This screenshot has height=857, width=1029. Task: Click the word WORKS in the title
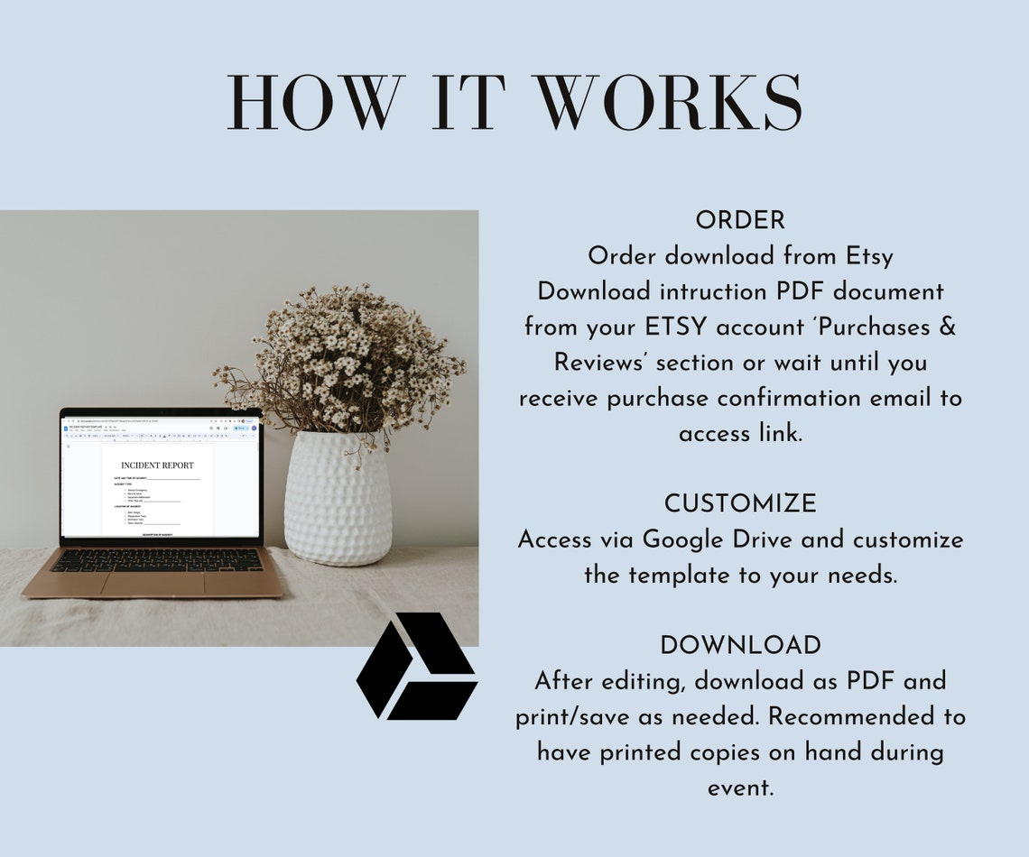tap(670, 103)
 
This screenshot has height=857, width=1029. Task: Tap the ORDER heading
tap(740, 220)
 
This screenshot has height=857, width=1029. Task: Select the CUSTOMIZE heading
tap(740, 503)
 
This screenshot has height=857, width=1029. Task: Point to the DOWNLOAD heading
tap(740, 646)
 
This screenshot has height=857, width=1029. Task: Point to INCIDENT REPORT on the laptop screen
tap(157, 465)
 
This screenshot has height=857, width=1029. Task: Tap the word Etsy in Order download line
tap(869, 256)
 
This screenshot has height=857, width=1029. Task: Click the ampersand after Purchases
tap(947, 327)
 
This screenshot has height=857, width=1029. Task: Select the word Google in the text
tap(687, 539)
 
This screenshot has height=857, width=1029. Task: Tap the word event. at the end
tap(740, 787)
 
